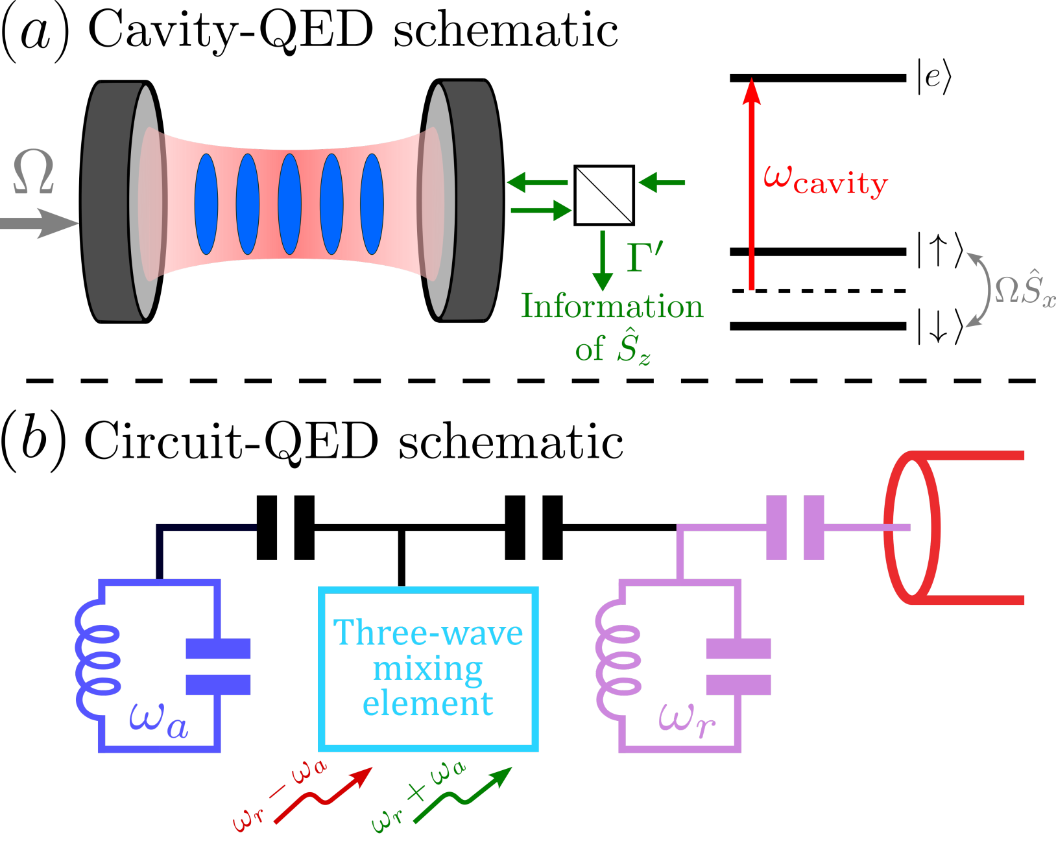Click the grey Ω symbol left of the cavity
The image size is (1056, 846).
coord(33,172)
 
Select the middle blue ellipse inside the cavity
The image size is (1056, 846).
coord(289,204)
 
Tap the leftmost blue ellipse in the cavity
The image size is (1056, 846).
coord(206,204)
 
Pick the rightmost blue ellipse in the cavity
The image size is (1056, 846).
coord(372,204)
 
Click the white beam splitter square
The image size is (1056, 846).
coord(604,195)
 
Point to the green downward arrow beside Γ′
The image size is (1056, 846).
coord(603,259)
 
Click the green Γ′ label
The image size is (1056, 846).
coord(645,257)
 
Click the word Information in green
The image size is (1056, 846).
coord(612,306)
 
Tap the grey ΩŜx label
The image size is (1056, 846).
coord(1024,290)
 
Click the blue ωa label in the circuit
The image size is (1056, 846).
coord(158,720)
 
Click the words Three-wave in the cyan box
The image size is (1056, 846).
coord(427,633)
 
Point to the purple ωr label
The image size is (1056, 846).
coord(686,720)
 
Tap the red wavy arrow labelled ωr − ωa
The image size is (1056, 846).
coord(321,797)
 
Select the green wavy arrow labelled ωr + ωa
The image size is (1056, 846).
coord(461,797)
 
